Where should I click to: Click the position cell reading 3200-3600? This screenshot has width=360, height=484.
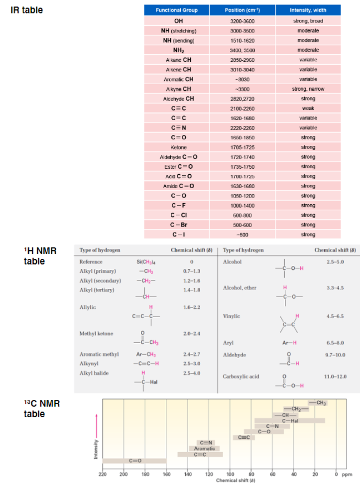(x=242, y=21)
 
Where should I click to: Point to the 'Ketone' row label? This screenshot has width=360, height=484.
(x=178, y=147)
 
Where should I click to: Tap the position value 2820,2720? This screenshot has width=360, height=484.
(x=242, y=99)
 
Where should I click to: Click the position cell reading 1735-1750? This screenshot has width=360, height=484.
(x=242, y=166)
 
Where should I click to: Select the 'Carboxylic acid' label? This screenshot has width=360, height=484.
(x=240, y=376)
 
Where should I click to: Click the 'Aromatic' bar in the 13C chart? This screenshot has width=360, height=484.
(x=205, y=448)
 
